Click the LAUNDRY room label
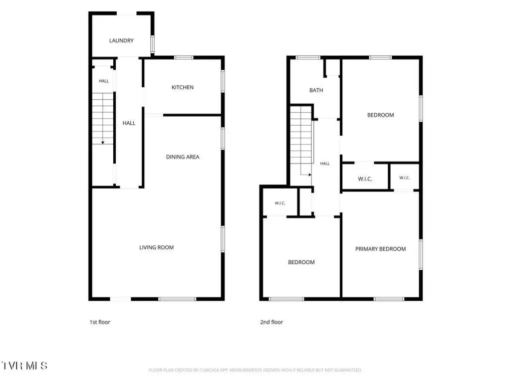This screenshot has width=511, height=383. pos(121,41)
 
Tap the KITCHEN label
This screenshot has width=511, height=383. pos(183,87)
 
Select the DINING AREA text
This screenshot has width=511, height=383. pos(183,157)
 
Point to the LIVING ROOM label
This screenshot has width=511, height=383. pos(156,247)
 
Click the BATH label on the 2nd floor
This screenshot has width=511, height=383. pos(316,90)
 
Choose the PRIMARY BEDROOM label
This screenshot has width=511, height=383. pos(380,249)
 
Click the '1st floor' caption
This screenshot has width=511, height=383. pos(100,322)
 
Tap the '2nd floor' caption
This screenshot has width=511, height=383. pos(271,322)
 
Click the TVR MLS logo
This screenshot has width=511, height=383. pos(25,366)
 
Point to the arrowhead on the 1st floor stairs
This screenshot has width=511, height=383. pos(103,143)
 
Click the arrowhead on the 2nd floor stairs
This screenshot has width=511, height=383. pos(310,175)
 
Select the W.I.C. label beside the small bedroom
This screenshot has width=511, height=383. pos(280,203)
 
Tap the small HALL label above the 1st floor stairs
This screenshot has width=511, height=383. pos(104,81)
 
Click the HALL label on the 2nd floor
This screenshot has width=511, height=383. pos(324,164)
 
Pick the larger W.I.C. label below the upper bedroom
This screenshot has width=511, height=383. pos(365,179)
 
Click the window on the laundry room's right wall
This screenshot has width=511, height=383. pos(152,44)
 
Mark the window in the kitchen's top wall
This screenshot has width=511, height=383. pos(184,58)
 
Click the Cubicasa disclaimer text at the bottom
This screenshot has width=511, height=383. pos(255,371)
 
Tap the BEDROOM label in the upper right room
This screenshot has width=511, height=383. pos(380,115)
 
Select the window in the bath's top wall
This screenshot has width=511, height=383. pos(308,58)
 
